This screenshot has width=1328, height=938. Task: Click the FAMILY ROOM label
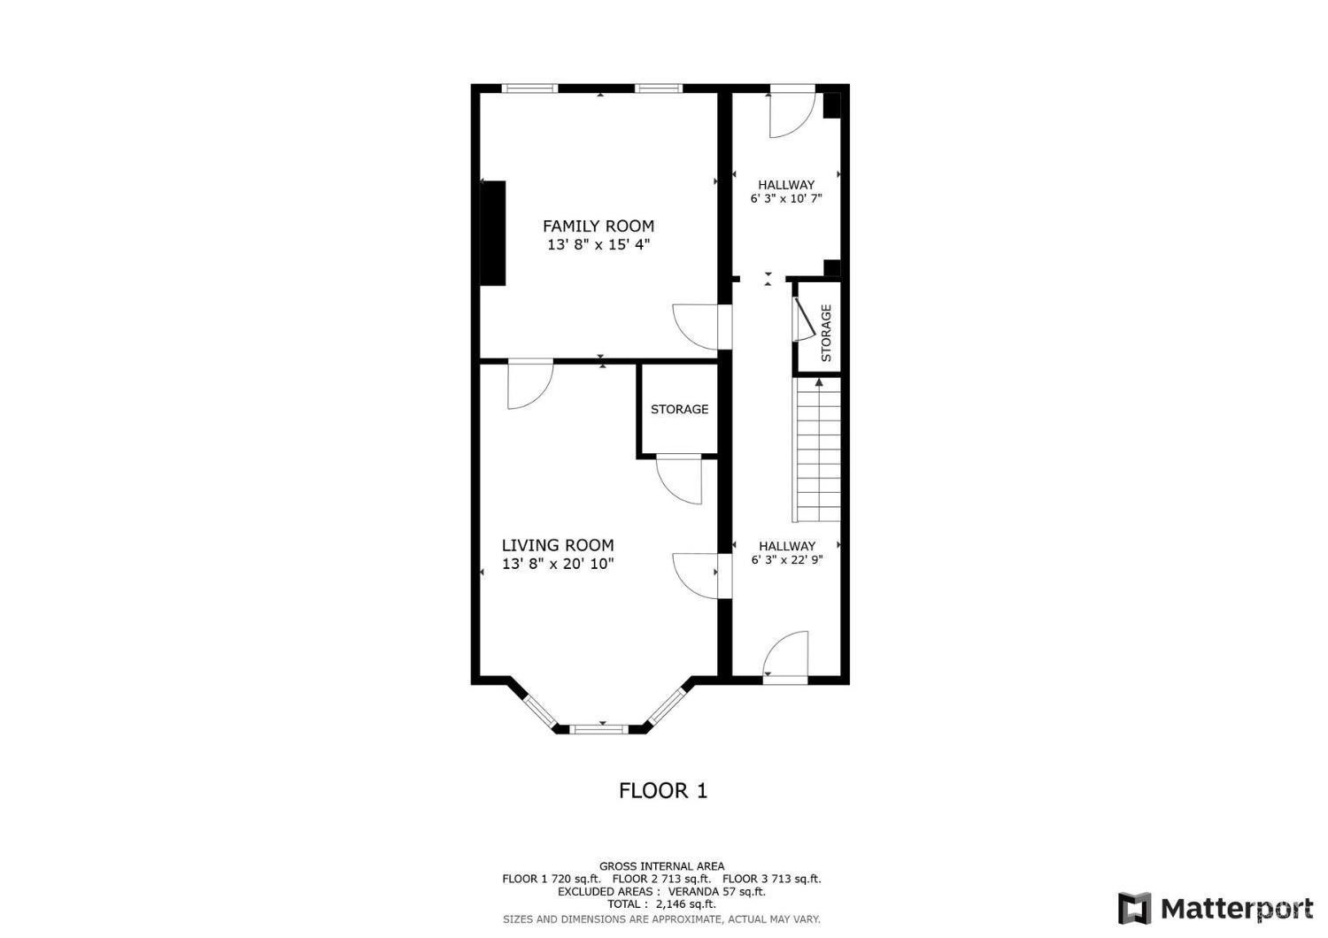coord(598,226)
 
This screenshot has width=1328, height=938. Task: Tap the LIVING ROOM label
coord(558,545)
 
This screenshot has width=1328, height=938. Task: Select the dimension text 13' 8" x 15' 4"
coord(598,244)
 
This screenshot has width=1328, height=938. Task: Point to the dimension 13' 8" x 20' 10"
coord(558,564)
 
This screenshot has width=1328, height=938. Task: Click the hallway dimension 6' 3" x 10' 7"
coord(786,198)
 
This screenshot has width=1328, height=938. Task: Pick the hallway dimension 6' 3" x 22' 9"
coord(786,559)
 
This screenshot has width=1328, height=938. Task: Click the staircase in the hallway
coord(817,451)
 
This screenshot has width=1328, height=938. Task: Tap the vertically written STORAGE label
coord(826,334)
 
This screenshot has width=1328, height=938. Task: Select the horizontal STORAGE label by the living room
coord(679,409)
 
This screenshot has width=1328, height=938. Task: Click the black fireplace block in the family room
coord(492,234)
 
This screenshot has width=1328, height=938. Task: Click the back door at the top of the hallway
coord(791,111)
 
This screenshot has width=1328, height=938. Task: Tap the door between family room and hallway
coord(699,326)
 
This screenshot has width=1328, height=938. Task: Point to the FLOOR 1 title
coord(663,790)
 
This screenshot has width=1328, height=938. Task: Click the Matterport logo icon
coord(1134,908)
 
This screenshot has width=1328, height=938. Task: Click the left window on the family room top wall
coord(529,88)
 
